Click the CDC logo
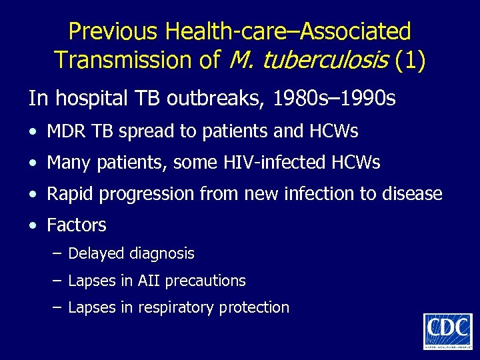(447, 331)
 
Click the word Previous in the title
(115, 31)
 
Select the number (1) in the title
(410, 60)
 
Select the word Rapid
(69, 194)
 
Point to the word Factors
(77, 225)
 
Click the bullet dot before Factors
(33, 226)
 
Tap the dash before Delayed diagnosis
(57, 254)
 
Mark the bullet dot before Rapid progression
(33, 195)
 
